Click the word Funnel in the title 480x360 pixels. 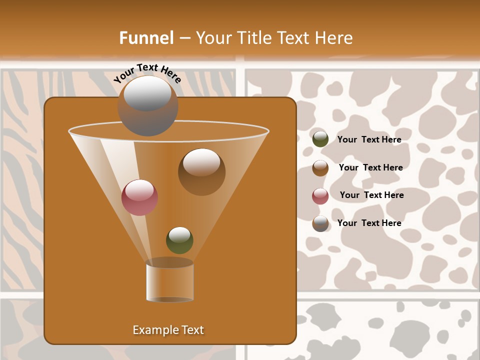coord(146,38)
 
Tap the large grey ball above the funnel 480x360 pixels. coord(148,105)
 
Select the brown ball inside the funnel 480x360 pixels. coord(201,171)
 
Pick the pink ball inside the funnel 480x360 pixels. coord(139,197)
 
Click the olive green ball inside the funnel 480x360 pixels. coord(179,240)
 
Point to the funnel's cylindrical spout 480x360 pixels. coord(170,281)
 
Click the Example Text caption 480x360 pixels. coord(168,330)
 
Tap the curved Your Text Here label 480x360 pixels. coord(147,73)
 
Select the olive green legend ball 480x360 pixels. coord(320,139)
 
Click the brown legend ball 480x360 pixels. coord(320,168)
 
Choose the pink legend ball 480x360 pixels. coord(320,196)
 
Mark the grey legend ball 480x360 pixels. coord(320,223)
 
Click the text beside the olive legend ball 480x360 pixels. coord(369,139)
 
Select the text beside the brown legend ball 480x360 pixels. coord(370,167)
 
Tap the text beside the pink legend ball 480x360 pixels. coord(371,195)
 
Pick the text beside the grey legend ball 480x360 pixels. coord(369,223)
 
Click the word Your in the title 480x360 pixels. coord(212,38)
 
